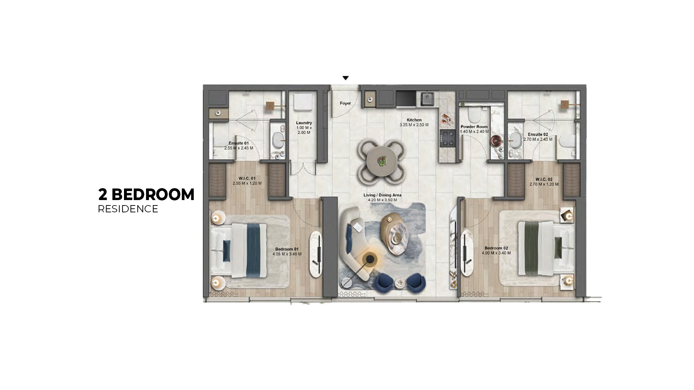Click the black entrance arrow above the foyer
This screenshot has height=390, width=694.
[346, 78]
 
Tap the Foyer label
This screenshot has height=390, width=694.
[345, 103]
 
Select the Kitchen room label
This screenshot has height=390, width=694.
[414, 120]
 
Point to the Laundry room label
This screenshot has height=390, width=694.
[304, 123]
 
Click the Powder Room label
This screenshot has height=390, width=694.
[474, 127]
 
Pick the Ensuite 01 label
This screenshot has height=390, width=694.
[239, 143]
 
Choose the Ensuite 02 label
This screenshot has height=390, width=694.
[538, 134]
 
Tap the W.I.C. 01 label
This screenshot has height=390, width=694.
[247, 178]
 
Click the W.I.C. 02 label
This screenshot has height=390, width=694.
[544, 179]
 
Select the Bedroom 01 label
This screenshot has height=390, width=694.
[287, 249]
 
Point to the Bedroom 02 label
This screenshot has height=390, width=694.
[496, 248]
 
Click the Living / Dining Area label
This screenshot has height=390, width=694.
[382, 195]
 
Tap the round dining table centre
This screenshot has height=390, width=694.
[382, 161]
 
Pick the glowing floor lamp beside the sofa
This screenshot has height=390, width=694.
[370, 259]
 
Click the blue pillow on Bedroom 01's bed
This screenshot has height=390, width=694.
[227, 251]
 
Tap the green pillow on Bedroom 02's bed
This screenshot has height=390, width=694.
[558, 248]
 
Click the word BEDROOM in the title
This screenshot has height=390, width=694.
[153, 195]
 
